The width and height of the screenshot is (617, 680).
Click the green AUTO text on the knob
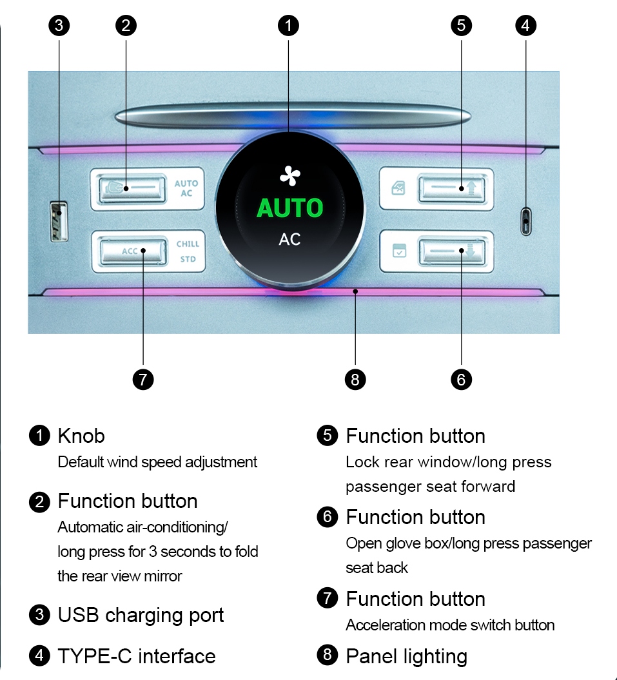coord(289,208)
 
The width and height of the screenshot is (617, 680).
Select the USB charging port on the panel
coord(59,221)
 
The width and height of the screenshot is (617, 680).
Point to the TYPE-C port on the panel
coord(526,222)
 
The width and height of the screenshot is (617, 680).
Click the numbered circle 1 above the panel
coord(288,26)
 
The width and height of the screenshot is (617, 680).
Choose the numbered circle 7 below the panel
coord(143,380)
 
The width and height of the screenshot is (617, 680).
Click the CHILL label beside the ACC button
coord(188,244)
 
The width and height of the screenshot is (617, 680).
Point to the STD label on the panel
coord(188,260)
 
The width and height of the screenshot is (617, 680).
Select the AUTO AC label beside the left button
coord(186,188)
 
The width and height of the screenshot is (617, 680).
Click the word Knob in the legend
coord(81,436)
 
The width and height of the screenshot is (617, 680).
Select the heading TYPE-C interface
coord(137,657)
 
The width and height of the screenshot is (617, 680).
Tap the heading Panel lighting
coord(406,657)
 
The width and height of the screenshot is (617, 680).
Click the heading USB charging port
coord(141,616)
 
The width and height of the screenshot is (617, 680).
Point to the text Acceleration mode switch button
coord(450,625)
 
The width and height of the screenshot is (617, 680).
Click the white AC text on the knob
coord(289,239)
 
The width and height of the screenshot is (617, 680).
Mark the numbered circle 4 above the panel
coord(526,26)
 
